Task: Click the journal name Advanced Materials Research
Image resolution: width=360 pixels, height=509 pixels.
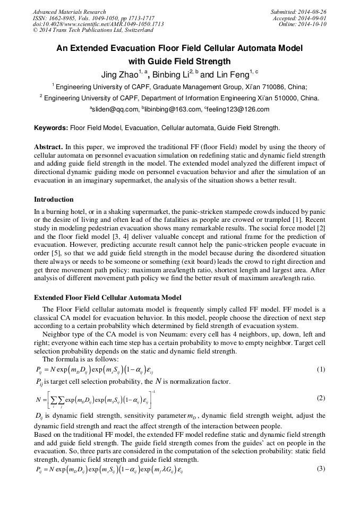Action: pyautogui.click(x=69, y=12)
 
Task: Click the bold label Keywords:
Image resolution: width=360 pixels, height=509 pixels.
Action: pyautogui.click(x=51, y=128)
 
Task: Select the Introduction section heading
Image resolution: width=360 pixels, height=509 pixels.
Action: pyautogui.click(x=54, y=200)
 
